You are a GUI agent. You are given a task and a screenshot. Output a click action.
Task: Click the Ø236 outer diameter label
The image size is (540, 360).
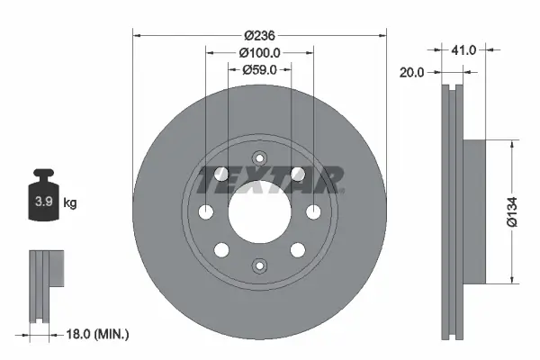(x=260, y=35)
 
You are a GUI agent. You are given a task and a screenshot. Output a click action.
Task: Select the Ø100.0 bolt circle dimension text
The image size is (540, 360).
(x=260, y=52)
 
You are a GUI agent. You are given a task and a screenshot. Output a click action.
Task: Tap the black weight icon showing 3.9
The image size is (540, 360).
(x=42, y=199)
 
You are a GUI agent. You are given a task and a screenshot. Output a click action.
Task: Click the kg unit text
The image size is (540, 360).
(x=70, y=203)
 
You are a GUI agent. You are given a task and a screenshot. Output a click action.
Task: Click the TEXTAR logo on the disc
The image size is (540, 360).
(x=270, y=179)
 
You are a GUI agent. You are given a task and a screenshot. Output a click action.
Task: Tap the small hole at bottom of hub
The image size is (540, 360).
(x=259, y=265)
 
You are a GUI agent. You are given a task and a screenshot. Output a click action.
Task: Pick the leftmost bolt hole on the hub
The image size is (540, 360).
(x=206, y=211)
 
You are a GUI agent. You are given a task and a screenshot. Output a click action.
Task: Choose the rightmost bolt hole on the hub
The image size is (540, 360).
(x=313, y=211)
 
